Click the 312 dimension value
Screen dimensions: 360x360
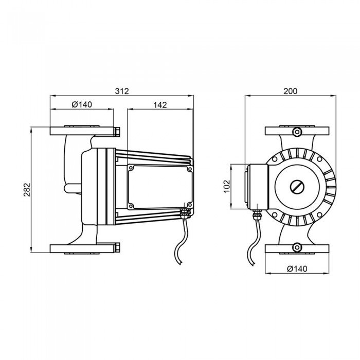tap(122, 91)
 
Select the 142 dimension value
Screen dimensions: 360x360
tap(160, 105)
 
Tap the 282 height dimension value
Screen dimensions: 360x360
tap(27, 190)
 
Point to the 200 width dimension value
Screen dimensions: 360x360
tap(291, 91)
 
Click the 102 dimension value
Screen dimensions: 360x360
tap(227, 186)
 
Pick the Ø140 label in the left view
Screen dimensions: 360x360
tap(82, 105)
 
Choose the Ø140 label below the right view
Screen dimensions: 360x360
tap(297, 268)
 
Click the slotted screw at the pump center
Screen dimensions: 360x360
tap(297, 187)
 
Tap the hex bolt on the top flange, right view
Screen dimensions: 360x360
tap(297, 132)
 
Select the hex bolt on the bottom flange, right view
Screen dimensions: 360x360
tap(297, 247)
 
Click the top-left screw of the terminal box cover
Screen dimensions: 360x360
tap(131, 168)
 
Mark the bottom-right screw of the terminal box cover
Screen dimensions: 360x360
tap(190, 205)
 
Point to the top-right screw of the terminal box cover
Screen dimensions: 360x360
tap(190, 169)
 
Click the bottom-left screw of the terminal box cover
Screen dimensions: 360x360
tap(131, 206)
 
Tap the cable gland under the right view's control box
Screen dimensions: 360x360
tap(256, 214)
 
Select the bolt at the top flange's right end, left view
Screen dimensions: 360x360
tap(117, 132)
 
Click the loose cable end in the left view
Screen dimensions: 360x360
tap(180, 263)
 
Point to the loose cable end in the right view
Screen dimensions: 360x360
tap(253, 264)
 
